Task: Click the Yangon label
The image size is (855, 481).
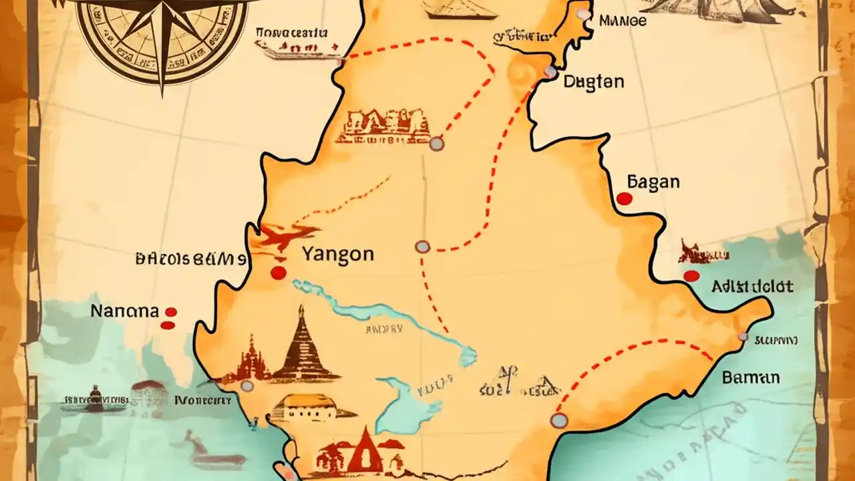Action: [x=337, y=255]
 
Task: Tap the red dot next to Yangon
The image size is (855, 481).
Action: [x=279, y=273]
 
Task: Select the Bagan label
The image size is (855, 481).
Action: [x=653, y=182]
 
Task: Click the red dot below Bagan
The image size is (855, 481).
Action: [x=625, y=198]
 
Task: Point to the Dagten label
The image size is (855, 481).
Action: [x=594, y=82]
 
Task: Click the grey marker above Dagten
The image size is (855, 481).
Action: [x=550, y=71]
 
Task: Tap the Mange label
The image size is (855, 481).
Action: [x=623, y=21]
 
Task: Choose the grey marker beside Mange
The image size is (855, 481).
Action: [x=584, y=15]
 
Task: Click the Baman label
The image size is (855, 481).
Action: [x=750, y=377]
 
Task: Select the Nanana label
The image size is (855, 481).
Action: [x=125, y=311]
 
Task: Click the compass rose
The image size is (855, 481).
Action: [x=161, y=33]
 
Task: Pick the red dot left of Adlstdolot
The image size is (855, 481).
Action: [x=691, y=276]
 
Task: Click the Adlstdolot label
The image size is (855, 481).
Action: [x=752, y=287]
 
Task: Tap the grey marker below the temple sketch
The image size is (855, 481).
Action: [x=436, y=143]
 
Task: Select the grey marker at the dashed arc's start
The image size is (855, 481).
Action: [x=558, y=420]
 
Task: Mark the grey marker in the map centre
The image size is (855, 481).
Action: [x=422, y=247]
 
